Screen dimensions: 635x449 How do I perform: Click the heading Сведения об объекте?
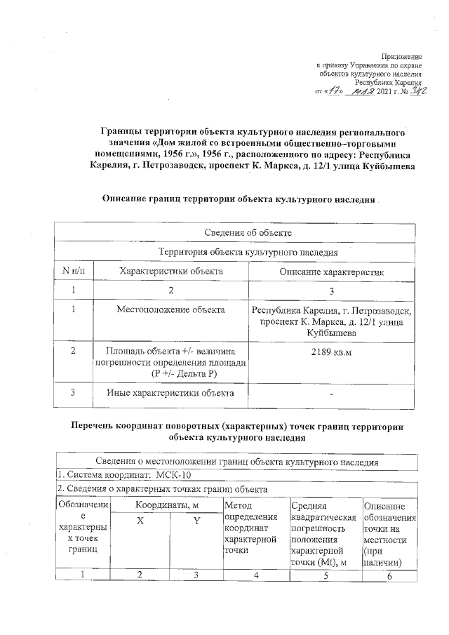click(x=239, y=232)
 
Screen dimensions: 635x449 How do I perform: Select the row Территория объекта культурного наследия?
click(x=239, y=251)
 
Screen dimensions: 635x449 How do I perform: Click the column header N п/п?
click(x=72, y=271)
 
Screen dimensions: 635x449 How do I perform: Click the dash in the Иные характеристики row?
click(x=331, y=393)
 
